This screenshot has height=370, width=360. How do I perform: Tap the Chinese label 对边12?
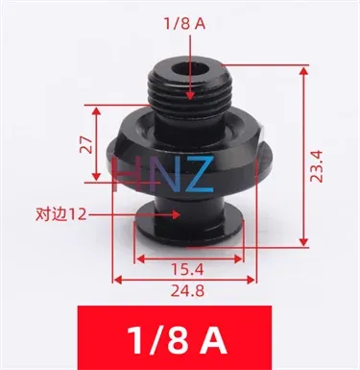61,215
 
